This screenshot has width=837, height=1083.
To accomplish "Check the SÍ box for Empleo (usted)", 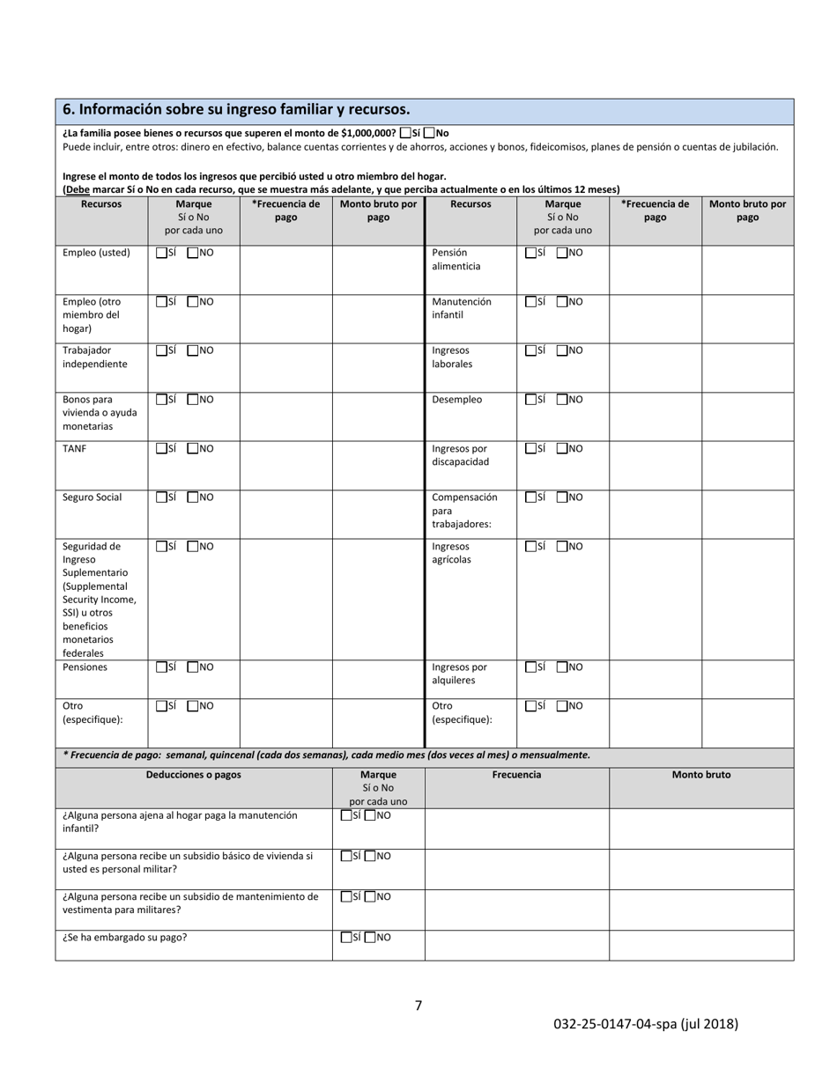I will pos(161,253).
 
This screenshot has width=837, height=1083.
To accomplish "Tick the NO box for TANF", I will pos(193,448).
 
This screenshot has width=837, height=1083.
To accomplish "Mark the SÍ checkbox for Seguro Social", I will pos(161,497).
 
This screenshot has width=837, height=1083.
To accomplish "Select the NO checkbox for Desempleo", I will pos(562,400).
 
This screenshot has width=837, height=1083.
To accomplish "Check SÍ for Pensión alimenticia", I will pos(530,253).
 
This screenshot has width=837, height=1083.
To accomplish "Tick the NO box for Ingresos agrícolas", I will pos(562,547).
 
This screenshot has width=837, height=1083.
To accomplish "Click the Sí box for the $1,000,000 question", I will pos(405,133).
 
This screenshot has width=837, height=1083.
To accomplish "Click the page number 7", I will pos(418,1006).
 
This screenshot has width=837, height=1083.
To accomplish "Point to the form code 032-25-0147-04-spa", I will pos(645,1024).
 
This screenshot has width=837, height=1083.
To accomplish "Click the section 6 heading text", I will pos(235,110).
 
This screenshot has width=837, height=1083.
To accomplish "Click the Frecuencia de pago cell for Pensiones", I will pos(285,679).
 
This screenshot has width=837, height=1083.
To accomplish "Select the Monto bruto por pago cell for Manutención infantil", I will pos(747,318).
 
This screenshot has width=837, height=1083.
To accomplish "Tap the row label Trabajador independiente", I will pos(95,357).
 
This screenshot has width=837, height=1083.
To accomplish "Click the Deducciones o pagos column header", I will pos(193,775).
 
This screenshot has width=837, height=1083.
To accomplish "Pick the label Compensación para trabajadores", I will pos(464,511).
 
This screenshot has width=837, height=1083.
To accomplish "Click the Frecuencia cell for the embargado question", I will pos(516,945).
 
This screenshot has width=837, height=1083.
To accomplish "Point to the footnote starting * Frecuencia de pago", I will pos(326,755).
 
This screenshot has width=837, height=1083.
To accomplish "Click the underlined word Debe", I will pos(78,189).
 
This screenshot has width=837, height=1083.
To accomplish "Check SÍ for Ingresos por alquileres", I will pos(530,667).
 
